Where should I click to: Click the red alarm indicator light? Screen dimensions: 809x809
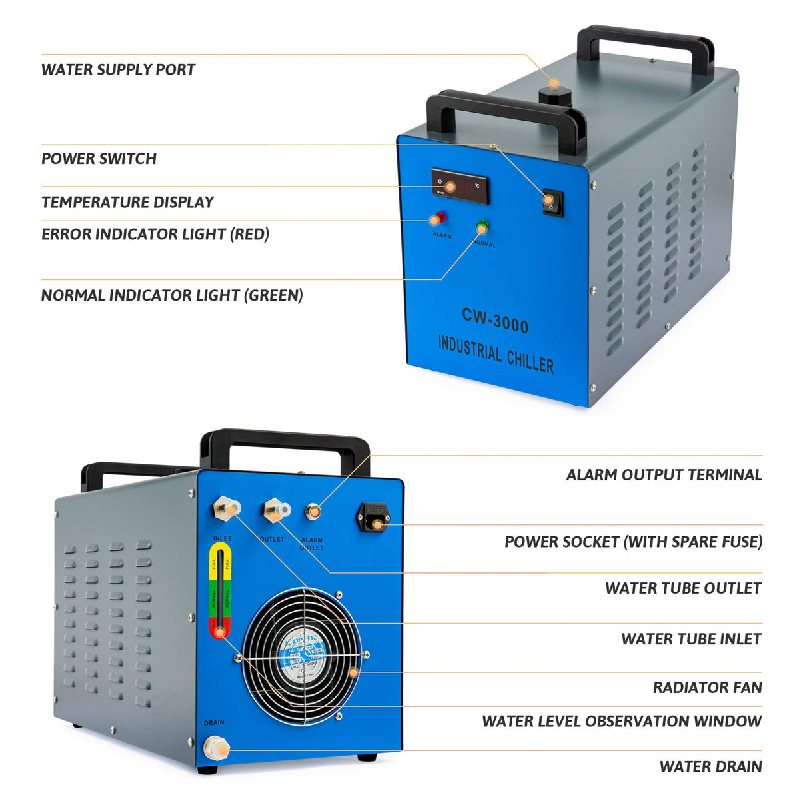tap(438, 219)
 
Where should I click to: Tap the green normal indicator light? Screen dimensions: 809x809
tap(482, 227)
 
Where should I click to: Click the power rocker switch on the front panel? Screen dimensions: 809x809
tap(551, 201)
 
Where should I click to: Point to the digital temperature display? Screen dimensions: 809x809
tap(460, 187)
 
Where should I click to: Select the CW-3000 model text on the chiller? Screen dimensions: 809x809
tap(495, 321)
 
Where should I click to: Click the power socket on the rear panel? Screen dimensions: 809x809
tap(375, 517)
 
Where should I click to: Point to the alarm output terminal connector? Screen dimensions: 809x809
tap(312, 512)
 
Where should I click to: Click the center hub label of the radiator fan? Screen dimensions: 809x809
tap(301, 656)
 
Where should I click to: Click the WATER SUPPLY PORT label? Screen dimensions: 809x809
tap(118, 70)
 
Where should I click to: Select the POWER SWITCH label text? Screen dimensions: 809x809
tap(99, 159)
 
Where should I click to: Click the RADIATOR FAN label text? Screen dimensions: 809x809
tap(707, 688)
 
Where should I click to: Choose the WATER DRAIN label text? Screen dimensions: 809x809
tap(710, 767)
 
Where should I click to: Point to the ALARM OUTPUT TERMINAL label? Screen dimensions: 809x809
tap(664, 475)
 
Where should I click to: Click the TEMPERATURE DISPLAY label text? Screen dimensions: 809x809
tap(127, 202)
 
